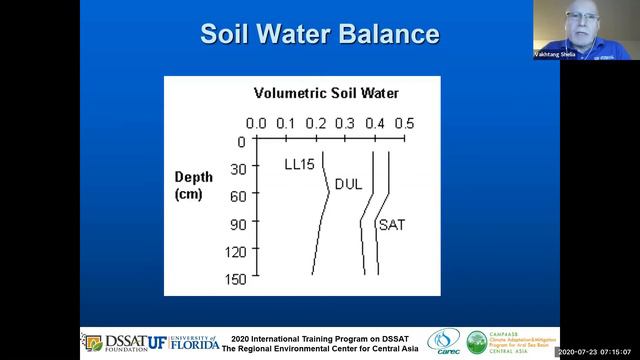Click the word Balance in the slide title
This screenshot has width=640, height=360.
384,34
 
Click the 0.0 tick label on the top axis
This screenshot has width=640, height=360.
256,123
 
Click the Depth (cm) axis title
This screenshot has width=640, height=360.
194,185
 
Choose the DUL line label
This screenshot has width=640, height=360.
348,184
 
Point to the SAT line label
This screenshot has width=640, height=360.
391,225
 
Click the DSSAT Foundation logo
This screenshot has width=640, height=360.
107,342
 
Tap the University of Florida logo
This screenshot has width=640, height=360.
187,342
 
